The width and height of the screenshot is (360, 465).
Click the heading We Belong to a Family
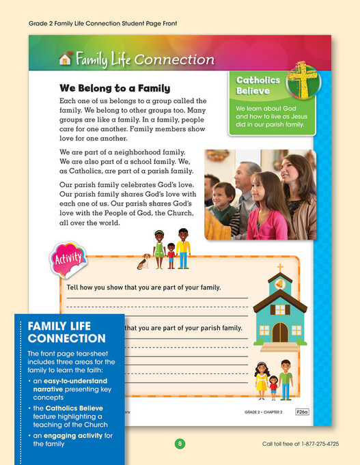[115, 88]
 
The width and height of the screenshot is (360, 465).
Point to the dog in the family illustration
[144, 260]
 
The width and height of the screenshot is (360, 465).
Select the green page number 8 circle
[180, 444]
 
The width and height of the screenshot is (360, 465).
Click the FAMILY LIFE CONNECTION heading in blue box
[67, 332]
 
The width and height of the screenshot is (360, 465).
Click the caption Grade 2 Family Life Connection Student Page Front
[107, 23]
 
